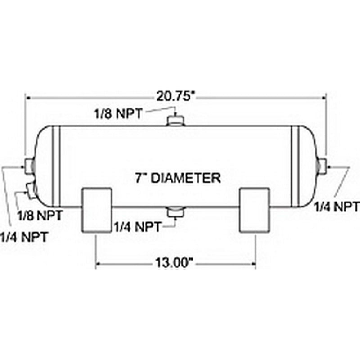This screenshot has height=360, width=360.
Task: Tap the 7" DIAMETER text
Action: tap(178, 178)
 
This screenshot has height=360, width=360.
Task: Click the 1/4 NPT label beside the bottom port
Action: tap(137, 225)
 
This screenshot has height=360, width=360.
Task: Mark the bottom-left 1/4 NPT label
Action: tap(23, 236)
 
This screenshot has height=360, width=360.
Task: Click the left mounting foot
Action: tap(96, 210)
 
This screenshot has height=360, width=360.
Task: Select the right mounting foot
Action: tap(254, 210)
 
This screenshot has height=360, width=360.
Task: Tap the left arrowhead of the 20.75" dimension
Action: tap(28, 96)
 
